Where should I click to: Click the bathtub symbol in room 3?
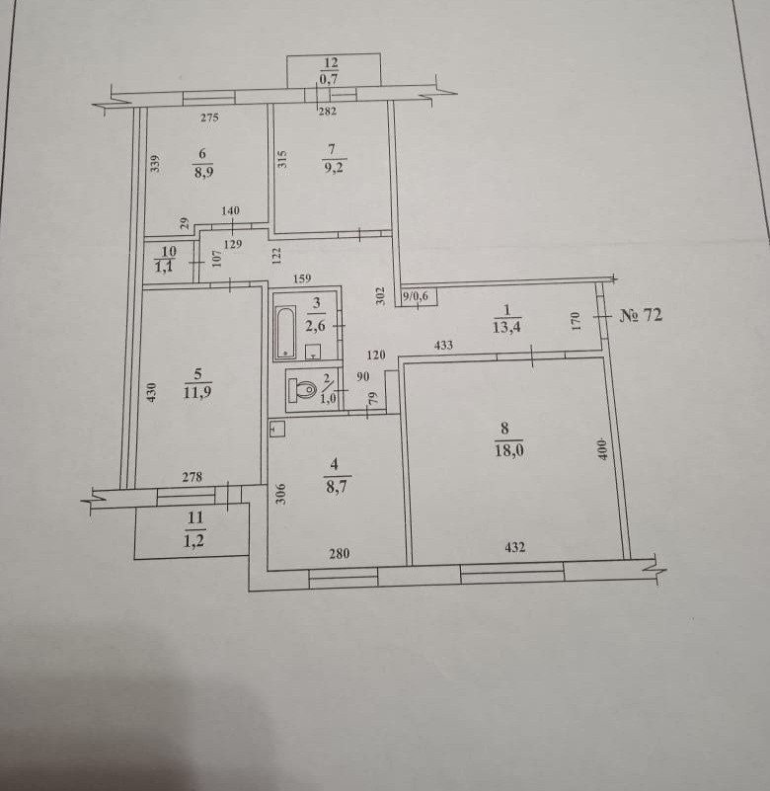click(x=285, y=332)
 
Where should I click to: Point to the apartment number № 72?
click(x=642, y=316)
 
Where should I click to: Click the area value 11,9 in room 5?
click(x=198, y=390)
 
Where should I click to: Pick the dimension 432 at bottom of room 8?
click(x=514, y=547)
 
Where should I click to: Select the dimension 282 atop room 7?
click(x=328, y=112)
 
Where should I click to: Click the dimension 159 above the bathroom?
click(x=303, y=278)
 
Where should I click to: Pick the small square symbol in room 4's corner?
click(x=277, y=431)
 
